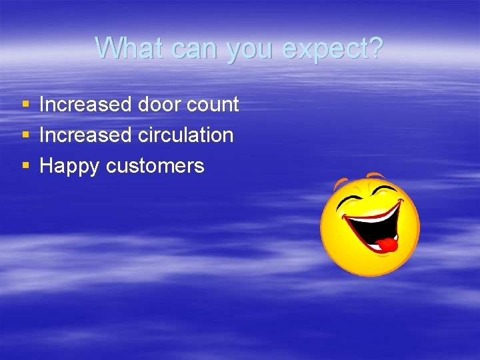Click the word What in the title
[x=130, y=48]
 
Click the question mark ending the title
[x=376, y=48]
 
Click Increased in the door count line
[x=85, y=104]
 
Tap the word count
[x=213, y=105]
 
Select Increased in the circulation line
[x=85, y=135]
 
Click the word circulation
[x=185, y=135]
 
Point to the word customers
[x=155, y=166]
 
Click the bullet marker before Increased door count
[x=25, y=105]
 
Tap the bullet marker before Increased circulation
[x=25, y=135]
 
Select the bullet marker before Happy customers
[x=25, y=166]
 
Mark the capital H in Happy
[x=46, y=165]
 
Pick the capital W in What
[x=109, y=48]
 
